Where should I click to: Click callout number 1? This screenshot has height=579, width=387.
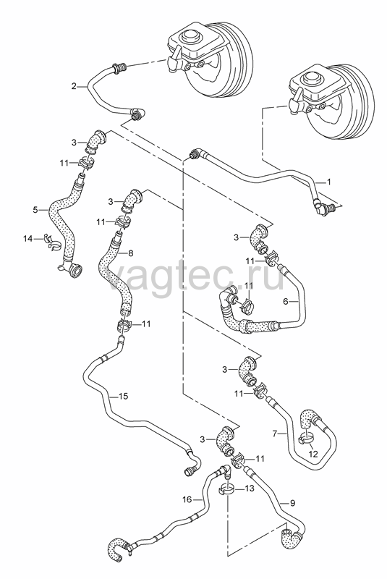pyautogui.click(x=328, y=182)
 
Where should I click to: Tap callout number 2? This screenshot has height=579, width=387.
pyautogui.click(x=74, y=86)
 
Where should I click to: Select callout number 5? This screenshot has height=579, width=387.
pyautogui.click(x=35, y=210)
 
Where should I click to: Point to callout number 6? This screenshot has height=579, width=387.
pyautogui.click(x=285, y=301)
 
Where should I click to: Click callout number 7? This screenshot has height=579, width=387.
pyautogui.click(x=274, y=434)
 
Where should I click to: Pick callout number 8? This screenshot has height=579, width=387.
pyautogui.click(x=131, y=253)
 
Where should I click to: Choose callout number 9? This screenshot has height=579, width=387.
pyautogui.click(x=292, y=502)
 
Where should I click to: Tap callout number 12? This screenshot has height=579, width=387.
pyautogui.click(x=312, y=455)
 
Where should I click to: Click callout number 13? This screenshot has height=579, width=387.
pyautogui.click(x=250, y=489)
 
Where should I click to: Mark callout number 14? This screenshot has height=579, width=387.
pyautogui.click(x=28, y=239)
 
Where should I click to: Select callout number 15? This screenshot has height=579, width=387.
pyautogui.click(x=123, y=396)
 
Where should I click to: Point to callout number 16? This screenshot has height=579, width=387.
pyautogui.click(x=187, y=499)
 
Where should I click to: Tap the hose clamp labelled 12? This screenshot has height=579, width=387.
pyautogui.click(x=306, y=439)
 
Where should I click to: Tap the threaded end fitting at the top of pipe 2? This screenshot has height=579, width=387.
pyautogui.click(x=119, y=67)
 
